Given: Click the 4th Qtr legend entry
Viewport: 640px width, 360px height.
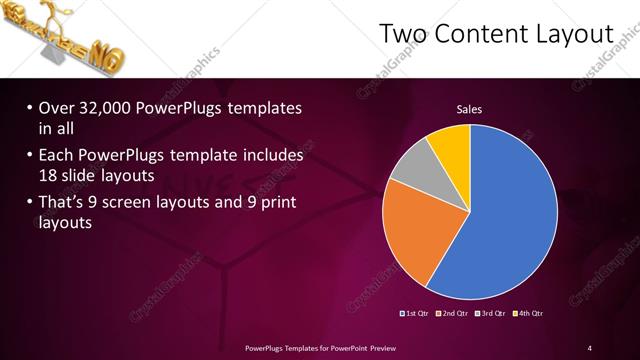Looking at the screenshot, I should coord(530,313).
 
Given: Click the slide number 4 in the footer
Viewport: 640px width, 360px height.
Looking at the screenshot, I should coord(590,347).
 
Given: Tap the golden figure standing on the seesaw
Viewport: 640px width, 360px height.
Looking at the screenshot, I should coord(53,19).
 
